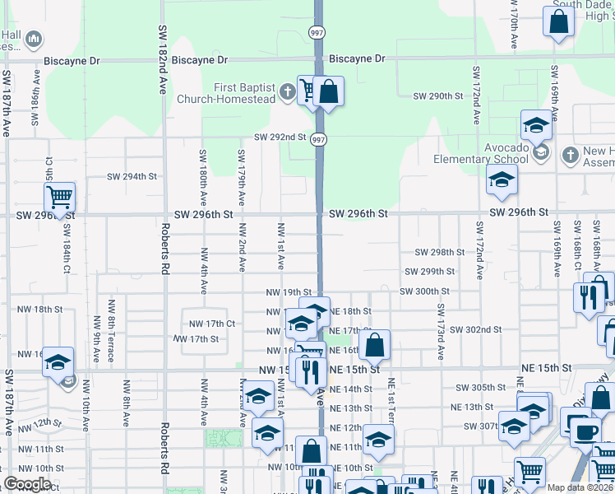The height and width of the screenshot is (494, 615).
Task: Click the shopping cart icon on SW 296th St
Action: (x=59, y=198)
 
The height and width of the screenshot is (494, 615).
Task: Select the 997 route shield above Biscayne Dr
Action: (x=317, y=33)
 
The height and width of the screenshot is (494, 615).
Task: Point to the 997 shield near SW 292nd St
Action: (x=319, y=141)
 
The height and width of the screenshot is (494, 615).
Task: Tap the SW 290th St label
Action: (x=439, y=96)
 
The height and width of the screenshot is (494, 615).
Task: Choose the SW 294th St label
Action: (x=132, y=176)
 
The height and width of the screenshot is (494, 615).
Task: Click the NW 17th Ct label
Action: (x=212, y=324)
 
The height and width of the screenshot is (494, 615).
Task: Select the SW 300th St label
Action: (x=424, y=291)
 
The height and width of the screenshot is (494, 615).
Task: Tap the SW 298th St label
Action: (x=440, y=252)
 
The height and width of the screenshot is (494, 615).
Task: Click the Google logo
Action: (x=26, y=484)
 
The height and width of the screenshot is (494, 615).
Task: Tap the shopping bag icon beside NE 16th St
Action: (x=374, y=346)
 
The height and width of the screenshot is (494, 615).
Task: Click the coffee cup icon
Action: (x=586, y=431)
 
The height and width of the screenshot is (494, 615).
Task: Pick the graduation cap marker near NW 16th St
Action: (x=59, y=362)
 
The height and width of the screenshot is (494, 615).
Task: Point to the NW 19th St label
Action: (x=289, y=292)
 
